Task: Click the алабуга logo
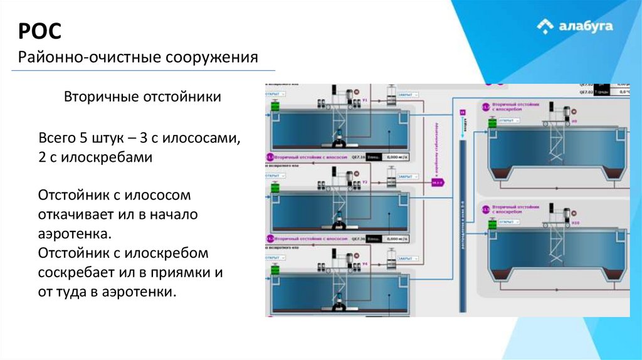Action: pyautogui.click(x=575, y=26)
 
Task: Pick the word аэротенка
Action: pyautogui.click(x=75, y=233)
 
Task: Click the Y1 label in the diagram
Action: pyautogui.click(x=365, y=100)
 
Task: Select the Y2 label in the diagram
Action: pyautogui.click(x=365, y=183)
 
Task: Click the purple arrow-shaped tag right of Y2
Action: pyautogui.click(x=437, y=183)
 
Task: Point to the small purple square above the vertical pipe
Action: pyautogui.click(x=462, y=112)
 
